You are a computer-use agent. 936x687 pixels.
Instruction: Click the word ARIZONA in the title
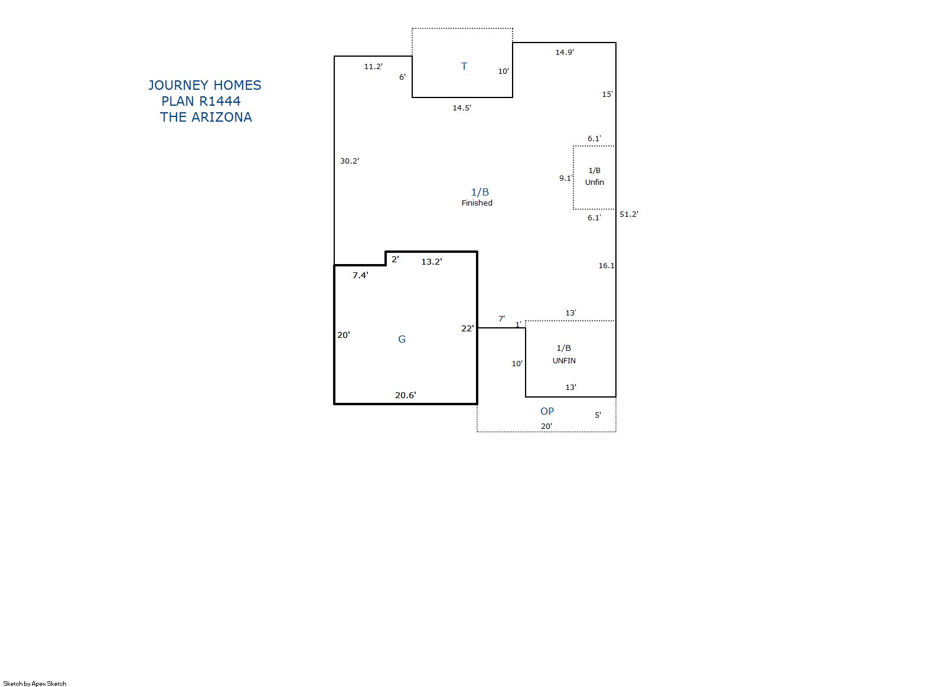coord(221,118)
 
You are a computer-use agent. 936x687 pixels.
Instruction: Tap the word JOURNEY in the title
coord(178,85)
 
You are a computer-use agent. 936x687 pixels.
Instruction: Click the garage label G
coord(402,339)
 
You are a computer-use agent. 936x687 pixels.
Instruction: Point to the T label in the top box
coord(464,66)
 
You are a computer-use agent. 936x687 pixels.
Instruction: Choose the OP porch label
coord(547,411)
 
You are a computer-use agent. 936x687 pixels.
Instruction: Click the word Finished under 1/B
coord(477,203)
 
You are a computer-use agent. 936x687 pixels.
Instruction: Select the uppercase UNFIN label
coord(564,361)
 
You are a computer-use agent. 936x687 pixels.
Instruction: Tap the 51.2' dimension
coord(629,214)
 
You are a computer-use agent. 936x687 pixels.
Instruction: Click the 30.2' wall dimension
coord(350,161)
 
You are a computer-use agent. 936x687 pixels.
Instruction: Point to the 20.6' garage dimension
coord(405,395)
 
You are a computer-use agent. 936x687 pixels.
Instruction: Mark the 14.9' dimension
coord(565,52)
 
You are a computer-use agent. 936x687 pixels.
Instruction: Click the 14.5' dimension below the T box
coord(462,108)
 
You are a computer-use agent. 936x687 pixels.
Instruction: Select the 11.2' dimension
coord(373,66)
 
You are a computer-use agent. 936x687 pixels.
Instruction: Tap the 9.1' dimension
coord(565,178)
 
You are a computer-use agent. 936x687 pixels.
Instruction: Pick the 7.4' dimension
coord(360,275)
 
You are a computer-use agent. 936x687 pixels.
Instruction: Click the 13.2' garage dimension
coord(432,262)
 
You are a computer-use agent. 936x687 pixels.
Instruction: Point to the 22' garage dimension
coord(468,328)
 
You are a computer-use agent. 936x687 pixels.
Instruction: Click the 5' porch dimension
coord(598,415)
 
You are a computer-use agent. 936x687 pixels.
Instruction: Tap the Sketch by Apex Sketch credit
coord(35,683)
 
